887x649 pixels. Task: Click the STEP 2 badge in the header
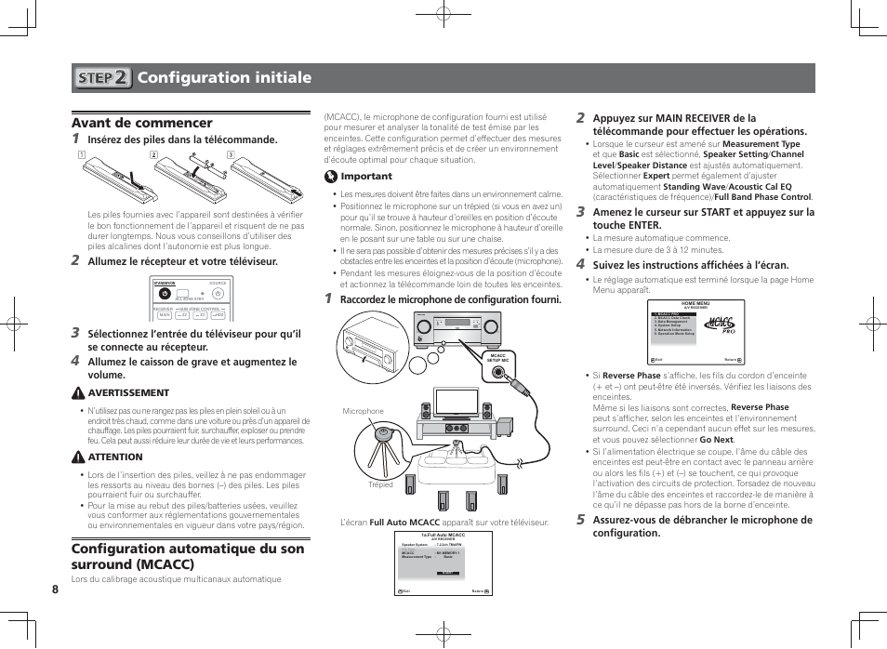(x=102, y=78)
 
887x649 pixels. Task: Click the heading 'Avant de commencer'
(x=141, y=123)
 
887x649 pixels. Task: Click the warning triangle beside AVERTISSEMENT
(x=78, y=393)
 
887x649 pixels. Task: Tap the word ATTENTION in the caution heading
(x=115, y=457)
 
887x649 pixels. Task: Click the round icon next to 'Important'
(x=330, y=177)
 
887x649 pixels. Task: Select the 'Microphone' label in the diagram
(x=363, y=411)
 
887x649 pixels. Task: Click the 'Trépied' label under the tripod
(x=379, y=484)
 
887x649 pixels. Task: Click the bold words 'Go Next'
(x=716, y=440)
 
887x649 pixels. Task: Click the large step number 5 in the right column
(x=580, y=520)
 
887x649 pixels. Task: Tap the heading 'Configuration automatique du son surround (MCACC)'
(x=188, y=556)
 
